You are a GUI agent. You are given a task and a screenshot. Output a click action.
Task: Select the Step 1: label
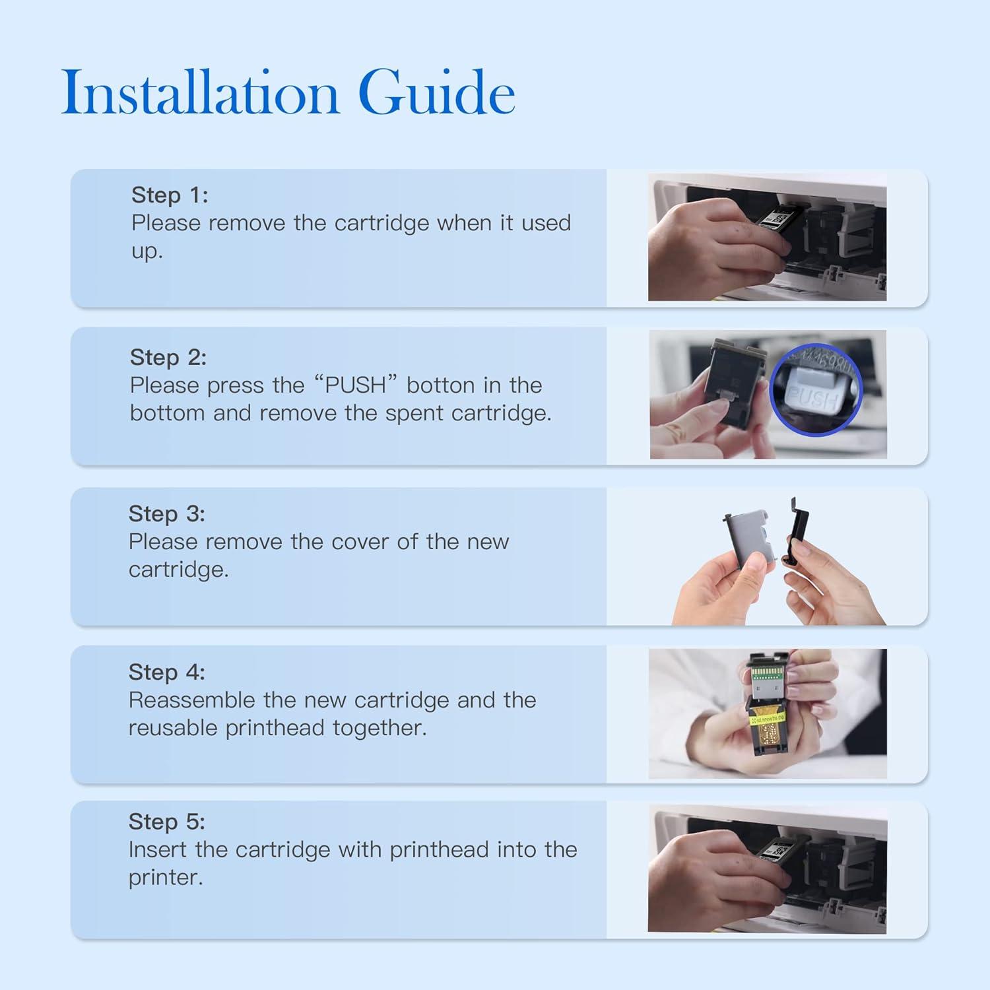click(x=170, y=195)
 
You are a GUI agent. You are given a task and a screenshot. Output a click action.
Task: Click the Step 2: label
click(x=168, y=357)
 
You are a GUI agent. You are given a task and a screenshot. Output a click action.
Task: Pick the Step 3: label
click(x=167, y=513)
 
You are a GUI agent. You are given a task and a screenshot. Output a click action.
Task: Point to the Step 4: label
click(x=167, y=672)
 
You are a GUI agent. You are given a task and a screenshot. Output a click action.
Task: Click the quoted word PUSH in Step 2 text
click(x=355, y=385)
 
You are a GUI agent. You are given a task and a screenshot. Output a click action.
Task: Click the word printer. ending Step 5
click(x=166, y=877)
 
